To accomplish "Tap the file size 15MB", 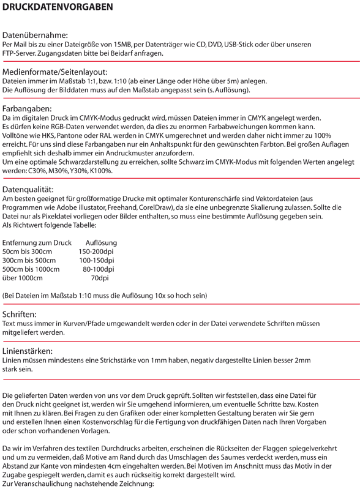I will click(123, 45).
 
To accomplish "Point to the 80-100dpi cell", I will click(99, 269).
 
